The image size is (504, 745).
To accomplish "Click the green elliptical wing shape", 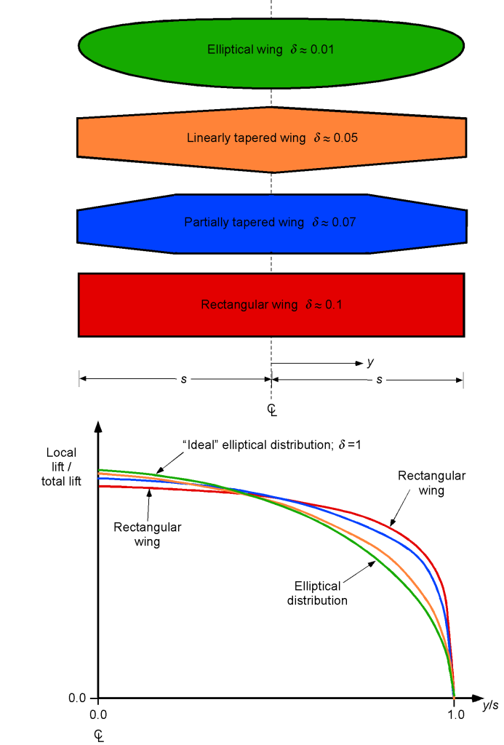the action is tap(271, 71).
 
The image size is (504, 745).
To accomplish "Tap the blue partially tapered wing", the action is tap(271, 238).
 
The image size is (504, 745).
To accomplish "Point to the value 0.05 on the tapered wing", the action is tap(345, 138).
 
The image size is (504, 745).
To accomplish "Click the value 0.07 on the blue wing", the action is tap(343, 223).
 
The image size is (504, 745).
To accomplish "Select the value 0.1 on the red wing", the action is tap(334, 305).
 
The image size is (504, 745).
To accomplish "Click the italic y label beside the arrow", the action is tap(370, 362).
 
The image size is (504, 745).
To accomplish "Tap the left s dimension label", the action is tap(184, 379).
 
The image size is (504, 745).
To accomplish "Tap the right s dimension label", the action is tap(379, 380).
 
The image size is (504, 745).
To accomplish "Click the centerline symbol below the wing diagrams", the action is tap(272, 410).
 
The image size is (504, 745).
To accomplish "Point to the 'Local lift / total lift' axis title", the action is tap(61, 466).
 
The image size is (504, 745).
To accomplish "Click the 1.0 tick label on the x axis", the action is tap(455, 714).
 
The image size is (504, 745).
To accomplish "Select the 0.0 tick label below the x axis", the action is tap(98, 714).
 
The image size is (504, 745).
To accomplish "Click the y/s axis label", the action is tap(490, 705).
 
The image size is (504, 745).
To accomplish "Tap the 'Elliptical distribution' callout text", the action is tap(317, 593).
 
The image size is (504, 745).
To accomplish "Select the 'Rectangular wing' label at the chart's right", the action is tap(431, 483).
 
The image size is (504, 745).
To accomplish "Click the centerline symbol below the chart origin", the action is tap(99, 736).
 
